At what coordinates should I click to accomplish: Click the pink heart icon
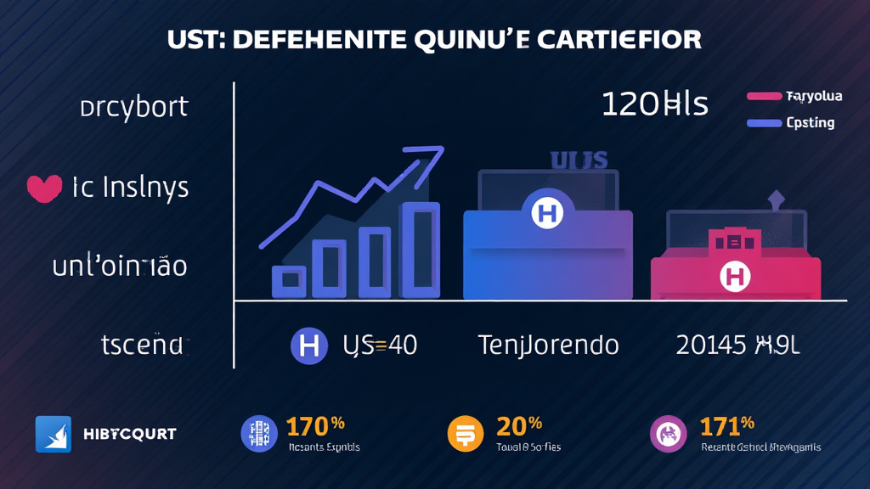click(45, 188)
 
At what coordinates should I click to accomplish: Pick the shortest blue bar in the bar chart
click(289, 280)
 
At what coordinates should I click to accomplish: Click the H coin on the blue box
click(547, 211)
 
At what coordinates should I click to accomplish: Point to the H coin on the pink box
click(734, 275)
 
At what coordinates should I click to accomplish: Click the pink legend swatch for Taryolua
click(763, 97)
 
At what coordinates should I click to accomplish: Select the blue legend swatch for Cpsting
click(763, 123)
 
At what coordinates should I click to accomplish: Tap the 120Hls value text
click(654, 104)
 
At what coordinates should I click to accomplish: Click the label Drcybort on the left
click(133, 108)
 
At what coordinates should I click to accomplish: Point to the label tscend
click(142, 345)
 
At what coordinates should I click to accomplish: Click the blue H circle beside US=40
click(309, 345)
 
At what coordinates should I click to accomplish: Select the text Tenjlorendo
click(548, 345)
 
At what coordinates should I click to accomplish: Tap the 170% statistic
click(314, 425)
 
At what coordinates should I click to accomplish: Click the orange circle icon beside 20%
click(464, 434)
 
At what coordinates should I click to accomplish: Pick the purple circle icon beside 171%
click(667, 434)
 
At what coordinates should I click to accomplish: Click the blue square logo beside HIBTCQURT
click(53, 434)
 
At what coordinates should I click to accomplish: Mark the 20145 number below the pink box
click(711, 345)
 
